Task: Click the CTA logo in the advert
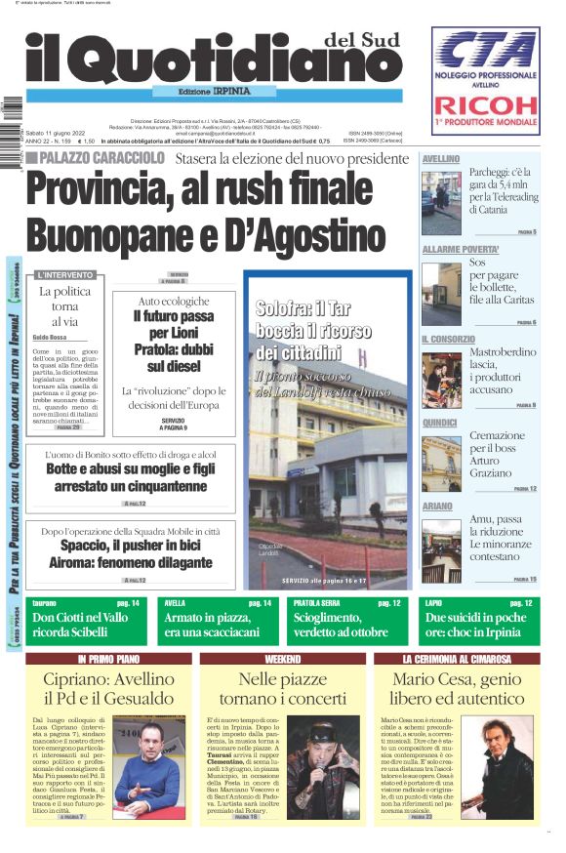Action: tap(485, 51)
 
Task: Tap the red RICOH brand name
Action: tap(485, 105)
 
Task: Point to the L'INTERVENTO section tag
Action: tap(65, 275)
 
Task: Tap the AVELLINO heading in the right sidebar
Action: tap(441, 158)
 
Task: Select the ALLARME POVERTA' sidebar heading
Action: tap(460, 249)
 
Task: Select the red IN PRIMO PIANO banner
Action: tap(109, 659)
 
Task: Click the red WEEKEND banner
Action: tap(283, 659)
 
